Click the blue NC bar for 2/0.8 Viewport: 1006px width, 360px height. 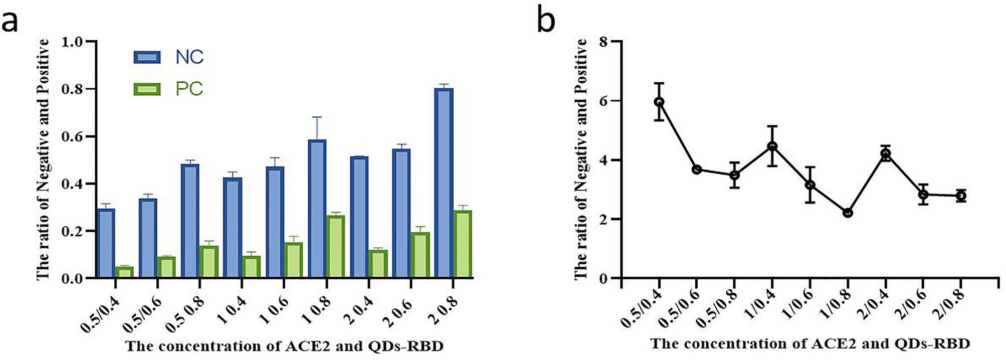443,183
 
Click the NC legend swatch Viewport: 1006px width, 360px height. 147,57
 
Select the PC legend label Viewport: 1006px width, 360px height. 189,89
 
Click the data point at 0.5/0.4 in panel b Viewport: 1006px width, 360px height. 659,102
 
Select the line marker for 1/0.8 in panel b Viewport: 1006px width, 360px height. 848,213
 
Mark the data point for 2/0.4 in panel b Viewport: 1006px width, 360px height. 886,154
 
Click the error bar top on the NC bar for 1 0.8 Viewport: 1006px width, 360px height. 317,117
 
